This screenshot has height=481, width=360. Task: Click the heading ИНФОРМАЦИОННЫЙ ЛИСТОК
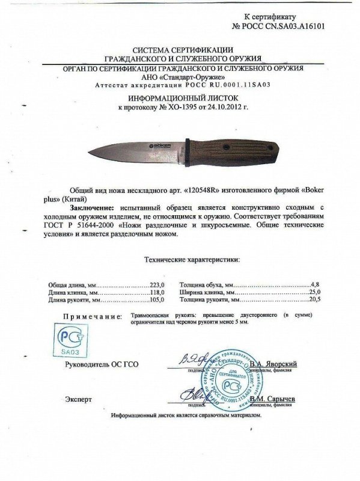point(180,96)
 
